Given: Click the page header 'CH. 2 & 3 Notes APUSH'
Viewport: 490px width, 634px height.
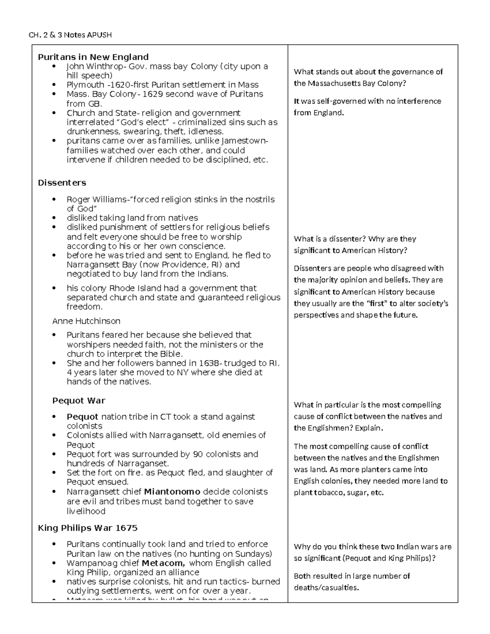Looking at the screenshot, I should [70, 35].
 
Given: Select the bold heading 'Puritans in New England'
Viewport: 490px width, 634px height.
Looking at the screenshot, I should [93, 57].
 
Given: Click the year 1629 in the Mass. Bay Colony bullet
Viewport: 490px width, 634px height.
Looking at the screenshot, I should [153, 94].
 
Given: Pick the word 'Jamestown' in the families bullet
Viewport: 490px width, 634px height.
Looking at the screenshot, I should [243, 141].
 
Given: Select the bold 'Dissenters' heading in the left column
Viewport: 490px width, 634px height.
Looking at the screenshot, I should [62, 182].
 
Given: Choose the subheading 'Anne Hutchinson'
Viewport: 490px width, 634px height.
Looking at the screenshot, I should [86, 321].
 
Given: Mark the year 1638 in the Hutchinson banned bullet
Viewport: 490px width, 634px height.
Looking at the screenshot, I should [209, 363].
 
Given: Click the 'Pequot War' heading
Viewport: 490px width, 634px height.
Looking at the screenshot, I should [78, 400].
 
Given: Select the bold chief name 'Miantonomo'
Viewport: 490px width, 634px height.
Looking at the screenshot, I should [172, 492].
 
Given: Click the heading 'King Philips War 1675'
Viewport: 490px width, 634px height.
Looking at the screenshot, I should [87, 528].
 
